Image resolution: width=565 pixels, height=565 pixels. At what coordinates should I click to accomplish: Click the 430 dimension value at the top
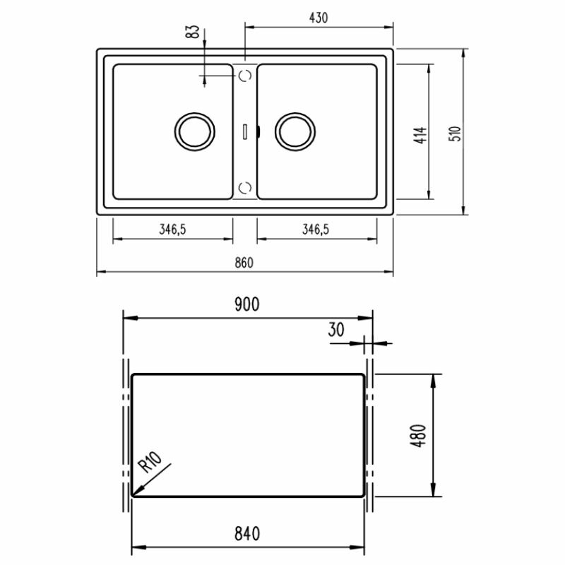[x=318, y=18]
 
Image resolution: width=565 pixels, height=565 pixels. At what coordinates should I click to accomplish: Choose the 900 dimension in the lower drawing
[x=247, y=304]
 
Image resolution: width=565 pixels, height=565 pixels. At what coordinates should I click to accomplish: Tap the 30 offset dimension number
[x=336, y=330]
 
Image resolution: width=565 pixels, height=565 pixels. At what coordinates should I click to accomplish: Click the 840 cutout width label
[x=247, y=533]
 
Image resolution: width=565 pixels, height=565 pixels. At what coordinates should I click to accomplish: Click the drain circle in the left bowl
[x=193, y=131]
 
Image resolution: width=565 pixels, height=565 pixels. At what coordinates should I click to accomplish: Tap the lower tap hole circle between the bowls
[x=245, y=186]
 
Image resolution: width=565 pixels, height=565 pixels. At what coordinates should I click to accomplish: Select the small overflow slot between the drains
[x=244, y=131]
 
